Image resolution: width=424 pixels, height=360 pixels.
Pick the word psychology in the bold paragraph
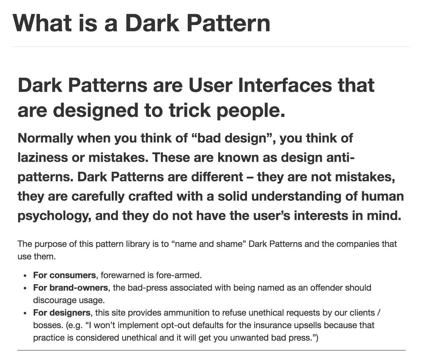click(x=53, y=215)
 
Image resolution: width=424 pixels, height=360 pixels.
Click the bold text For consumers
click(x=64, y=275)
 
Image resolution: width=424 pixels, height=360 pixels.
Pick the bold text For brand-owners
click(x=71, y=288)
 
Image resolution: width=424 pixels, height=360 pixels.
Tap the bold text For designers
click(x=61, y=313)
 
